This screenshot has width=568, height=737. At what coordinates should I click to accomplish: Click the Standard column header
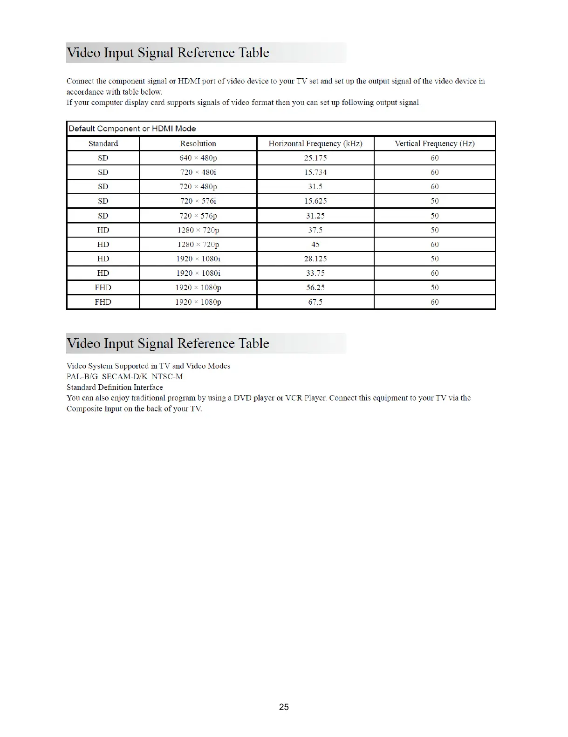(x=103, y=143)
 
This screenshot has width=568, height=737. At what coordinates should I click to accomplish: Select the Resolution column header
(x=198, y=143)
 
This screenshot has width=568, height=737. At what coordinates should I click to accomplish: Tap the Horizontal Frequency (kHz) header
(x=315, y=143)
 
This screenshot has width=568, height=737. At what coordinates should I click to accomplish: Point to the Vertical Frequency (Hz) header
(x=434, y=143)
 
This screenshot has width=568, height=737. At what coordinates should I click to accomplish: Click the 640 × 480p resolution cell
(x=198, y=158)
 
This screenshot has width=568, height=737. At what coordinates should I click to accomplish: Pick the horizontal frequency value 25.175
(x=315, y=158)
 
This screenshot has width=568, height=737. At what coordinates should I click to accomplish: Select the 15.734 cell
(x=315, y=172)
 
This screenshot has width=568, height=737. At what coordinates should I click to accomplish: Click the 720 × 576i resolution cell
(x=198, y=201)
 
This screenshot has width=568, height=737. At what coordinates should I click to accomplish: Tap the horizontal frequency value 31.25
(x=315, y=216)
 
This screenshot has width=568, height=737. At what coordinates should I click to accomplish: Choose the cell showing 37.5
(x=315, y=230)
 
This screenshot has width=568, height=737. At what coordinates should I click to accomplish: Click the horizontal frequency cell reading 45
(x=315, y=245)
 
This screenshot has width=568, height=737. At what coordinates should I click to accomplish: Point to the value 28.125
(x=315, y=259)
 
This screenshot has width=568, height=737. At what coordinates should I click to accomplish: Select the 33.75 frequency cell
(x=315, y=273)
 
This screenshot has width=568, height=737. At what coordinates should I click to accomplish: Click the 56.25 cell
(x=315, y=287)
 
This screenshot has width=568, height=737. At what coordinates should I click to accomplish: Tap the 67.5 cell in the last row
(x=315, y=302)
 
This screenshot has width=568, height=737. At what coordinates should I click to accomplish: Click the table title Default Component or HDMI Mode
(x=132, y=129)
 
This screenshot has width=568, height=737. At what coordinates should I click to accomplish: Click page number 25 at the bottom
(x=284, y=707)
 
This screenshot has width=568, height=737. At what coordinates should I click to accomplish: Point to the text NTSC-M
(x=167, y=376)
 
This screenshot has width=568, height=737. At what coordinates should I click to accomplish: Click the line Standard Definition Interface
(x=115, y=387)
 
